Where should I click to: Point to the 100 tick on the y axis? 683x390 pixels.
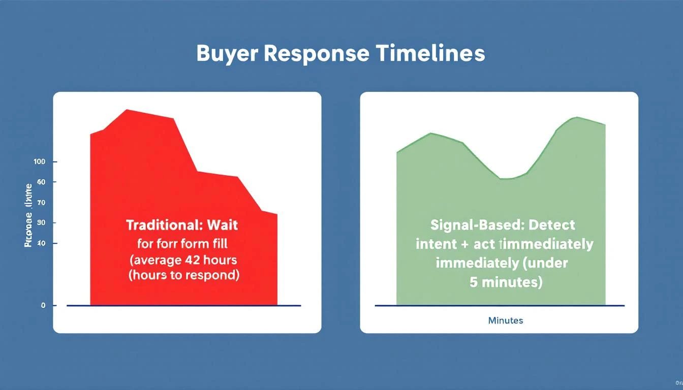[x=40, y=161]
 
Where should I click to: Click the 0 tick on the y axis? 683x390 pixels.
[x=43, y=306]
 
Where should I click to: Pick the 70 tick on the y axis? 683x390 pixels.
[x=41, y=203]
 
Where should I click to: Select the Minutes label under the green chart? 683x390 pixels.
[x=505, y=321]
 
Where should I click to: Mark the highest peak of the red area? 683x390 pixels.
[x=127, y=110]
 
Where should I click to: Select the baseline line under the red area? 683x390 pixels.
[x=183, y=306]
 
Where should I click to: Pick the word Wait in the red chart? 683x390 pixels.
[x=223, y=224]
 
